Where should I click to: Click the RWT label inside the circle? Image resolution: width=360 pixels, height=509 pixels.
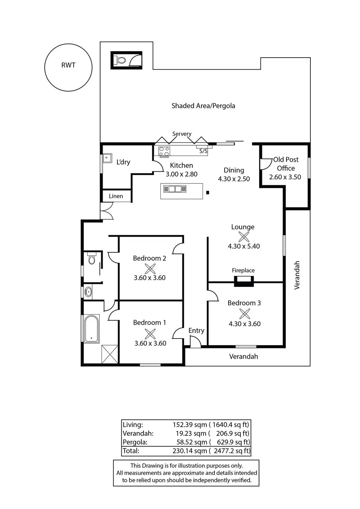point(68,65)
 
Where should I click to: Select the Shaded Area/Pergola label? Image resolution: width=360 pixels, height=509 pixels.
point(203,106)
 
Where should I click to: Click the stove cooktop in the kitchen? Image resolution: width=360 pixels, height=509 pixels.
point(164,152)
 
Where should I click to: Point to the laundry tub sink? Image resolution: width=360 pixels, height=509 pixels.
point(107,158)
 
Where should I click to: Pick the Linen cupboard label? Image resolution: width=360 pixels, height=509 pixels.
point(116,196)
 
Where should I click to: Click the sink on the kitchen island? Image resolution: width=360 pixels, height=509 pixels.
point(175,189)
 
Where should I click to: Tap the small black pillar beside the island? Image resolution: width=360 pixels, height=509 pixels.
point(207,193)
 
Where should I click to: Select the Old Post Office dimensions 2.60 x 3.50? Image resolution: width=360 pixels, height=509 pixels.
point(285,177)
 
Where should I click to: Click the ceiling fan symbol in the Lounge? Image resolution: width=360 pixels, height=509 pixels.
point(244,237)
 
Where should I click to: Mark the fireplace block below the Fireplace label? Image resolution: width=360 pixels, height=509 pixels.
point(244,281)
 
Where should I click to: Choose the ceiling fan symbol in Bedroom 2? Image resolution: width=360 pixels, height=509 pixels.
point(150,269)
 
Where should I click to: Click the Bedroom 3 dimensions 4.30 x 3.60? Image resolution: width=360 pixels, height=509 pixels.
point(245,324)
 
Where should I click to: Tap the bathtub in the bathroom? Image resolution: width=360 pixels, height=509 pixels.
point(92,329)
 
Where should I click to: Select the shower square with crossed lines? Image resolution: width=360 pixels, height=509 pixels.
point(110,354)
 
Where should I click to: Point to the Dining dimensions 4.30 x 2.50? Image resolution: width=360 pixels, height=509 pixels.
point(234,179)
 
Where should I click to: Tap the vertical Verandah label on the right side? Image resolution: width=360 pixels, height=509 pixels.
point(297,275)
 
